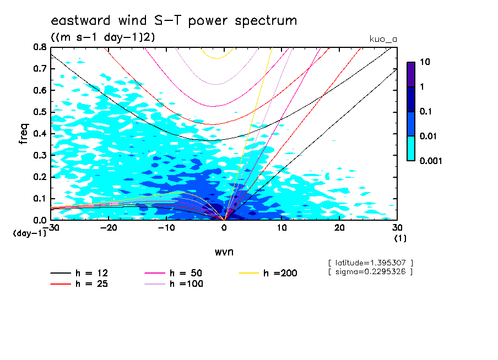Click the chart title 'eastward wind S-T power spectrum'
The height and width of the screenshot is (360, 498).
[174, 21]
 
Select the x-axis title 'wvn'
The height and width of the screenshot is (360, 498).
[224, 252]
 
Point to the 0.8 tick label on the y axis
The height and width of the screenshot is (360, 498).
[39, 47]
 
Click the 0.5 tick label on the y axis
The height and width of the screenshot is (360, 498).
[39, 112]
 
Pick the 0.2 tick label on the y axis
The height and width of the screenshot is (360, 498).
[39, 177]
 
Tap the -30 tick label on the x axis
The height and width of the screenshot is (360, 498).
[51, 227]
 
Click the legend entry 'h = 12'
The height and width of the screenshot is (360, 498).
[91, 273]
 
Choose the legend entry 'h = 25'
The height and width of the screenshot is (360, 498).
[91, 284]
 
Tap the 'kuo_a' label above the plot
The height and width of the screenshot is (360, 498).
[383, 40]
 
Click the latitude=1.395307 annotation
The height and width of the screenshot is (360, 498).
[370, 263]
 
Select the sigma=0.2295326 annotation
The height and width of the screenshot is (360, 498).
[370, 271]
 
